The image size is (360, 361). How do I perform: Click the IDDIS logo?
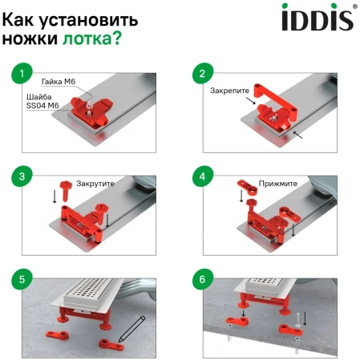(318, 17)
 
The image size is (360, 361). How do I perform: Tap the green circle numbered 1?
(22, 73)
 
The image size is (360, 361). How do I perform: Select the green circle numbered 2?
(203, 73)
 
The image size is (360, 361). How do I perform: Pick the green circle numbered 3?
(22, 176)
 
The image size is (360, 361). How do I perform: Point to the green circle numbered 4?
(203, 176)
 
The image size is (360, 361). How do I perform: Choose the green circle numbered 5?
(22, 279)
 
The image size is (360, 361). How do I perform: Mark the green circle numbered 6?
(203, 279)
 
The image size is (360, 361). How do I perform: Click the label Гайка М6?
(59, 82)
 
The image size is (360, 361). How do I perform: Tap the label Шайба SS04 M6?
(42, 101)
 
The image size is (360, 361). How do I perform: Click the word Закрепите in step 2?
(229, 91)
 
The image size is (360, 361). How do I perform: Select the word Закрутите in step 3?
(95, 184)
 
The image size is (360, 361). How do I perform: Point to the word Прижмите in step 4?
(278, 184)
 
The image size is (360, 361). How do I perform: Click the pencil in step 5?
(131, 330)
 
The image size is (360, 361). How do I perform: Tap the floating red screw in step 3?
(66, 191)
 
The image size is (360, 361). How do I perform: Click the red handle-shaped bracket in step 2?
(275, 103)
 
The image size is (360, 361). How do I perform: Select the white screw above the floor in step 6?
(298, 319)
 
